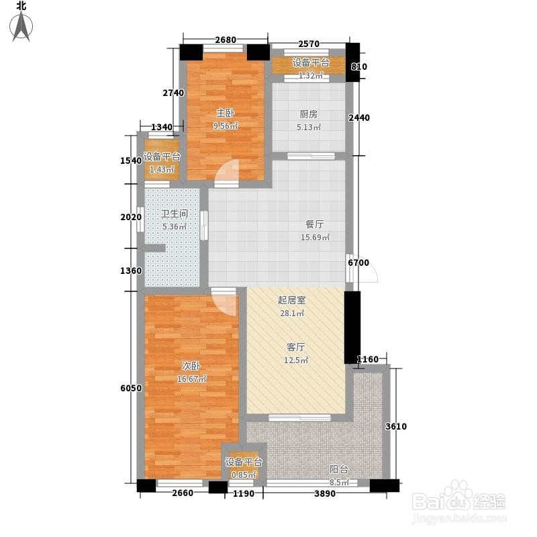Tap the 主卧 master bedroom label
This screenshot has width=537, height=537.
(x=225, y=113)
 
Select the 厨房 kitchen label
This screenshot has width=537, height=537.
(x=308, y=114)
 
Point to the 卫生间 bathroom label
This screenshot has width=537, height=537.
(x=175, y=213)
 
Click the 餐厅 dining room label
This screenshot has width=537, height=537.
(x=314, y=224)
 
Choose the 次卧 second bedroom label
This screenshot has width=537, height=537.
(x=191, y=366)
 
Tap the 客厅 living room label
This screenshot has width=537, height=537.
(x=296, y=347)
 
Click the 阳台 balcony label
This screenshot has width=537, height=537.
(x=339, y=469)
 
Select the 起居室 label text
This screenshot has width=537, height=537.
(x=291, y=300)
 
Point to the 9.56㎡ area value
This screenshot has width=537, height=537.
(x=226, y=126)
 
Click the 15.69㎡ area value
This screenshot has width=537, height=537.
(x=315, y=237)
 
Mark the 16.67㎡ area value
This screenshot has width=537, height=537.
(x=191, y=379)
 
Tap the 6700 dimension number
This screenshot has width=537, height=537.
(x=358, y=262)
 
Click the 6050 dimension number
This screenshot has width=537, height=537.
(x=131, y=388)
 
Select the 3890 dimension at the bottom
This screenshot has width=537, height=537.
(x=325, y=493)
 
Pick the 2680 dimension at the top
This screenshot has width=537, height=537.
(x=226, y=40)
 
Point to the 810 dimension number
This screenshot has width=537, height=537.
(x=359, y=66)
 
